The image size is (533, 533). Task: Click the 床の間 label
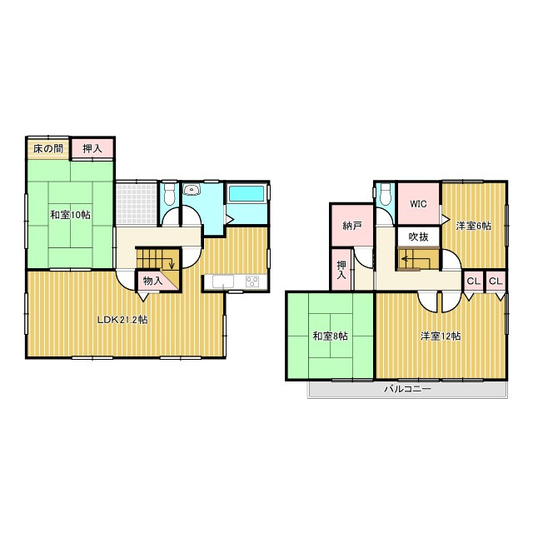[47, 149]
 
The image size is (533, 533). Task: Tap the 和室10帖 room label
[70, 215]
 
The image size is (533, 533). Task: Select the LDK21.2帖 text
[122, 320]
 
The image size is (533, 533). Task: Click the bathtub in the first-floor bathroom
[247, 194]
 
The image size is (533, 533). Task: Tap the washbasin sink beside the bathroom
[192, 189]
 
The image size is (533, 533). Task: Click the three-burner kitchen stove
[252, 280]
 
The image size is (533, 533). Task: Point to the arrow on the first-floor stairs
[171, 266]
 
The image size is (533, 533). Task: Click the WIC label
[417, 202]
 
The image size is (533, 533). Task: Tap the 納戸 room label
[351, 226]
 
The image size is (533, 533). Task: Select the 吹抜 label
[418, 237]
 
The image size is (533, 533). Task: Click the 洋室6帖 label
[473, 226]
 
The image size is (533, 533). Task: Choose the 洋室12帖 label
[441, 336]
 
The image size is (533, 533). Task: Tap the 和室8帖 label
[331, 336]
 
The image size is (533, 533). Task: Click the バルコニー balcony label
[407, 390]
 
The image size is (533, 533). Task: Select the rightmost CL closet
[496, 281]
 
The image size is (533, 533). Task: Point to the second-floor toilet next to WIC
[384, 195]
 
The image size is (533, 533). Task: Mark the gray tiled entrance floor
[136, 203]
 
